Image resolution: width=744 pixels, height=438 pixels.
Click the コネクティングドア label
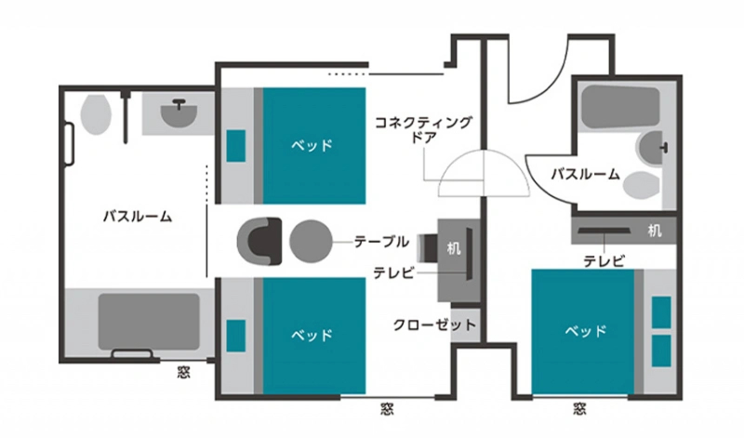point(423,129)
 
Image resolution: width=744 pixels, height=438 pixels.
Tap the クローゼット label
point(434,325)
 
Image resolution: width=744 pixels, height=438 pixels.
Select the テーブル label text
point(381,242)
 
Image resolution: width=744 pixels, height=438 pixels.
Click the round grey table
point(311,242)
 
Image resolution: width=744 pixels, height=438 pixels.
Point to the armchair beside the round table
point(259,242)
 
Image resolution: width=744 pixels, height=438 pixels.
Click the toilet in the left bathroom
point(96,114)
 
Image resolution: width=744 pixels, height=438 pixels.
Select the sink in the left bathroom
point(179,113)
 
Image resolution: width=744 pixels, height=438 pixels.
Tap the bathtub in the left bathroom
point(149,322)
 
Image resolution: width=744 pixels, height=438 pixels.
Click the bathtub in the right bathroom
point(620,107)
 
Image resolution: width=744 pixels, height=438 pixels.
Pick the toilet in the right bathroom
point(641,186)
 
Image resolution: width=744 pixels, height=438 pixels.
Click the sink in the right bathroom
point(652,148)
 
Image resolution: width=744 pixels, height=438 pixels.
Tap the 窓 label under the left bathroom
point(184,372)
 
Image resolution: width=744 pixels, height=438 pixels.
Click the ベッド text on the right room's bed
point(586,331)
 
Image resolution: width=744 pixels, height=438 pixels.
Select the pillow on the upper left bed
point(236,146)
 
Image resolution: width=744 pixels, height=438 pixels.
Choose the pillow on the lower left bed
point(236,336)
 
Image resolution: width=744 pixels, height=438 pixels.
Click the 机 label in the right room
point(655,232)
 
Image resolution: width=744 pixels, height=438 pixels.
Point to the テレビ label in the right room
point(604,261)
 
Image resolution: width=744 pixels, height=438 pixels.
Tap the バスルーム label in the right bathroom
point(586,174)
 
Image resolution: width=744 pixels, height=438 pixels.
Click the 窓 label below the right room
point(579,408)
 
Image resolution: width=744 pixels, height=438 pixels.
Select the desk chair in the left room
point(427,248)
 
